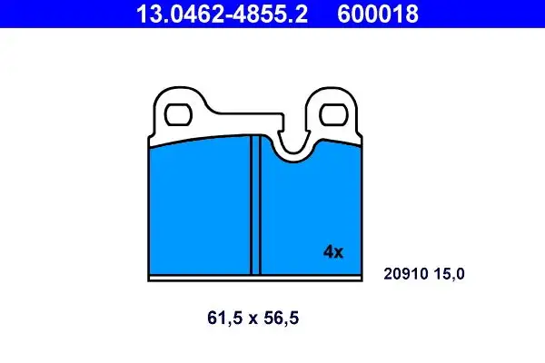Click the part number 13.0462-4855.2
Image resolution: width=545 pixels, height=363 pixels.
click(x=222, y=14)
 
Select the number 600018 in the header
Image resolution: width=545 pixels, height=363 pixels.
click(x=378, y=14)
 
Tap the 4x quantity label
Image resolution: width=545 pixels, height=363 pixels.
click(x=333, y=252)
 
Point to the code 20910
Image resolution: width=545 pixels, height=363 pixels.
click(x=406, y=274)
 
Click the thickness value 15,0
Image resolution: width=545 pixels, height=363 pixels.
click(x=449, y=274)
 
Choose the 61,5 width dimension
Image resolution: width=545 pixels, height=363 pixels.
click(x=224, y=319)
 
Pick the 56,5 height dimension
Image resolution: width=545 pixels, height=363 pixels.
click(x=282, y=319)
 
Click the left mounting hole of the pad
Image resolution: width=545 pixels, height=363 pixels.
click(x=178, y=114)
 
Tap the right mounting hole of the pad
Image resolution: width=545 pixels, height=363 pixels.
click(x=333, y=114)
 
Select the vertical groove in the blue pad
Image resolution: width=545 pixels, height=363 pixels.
click(x=255, y=205)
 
